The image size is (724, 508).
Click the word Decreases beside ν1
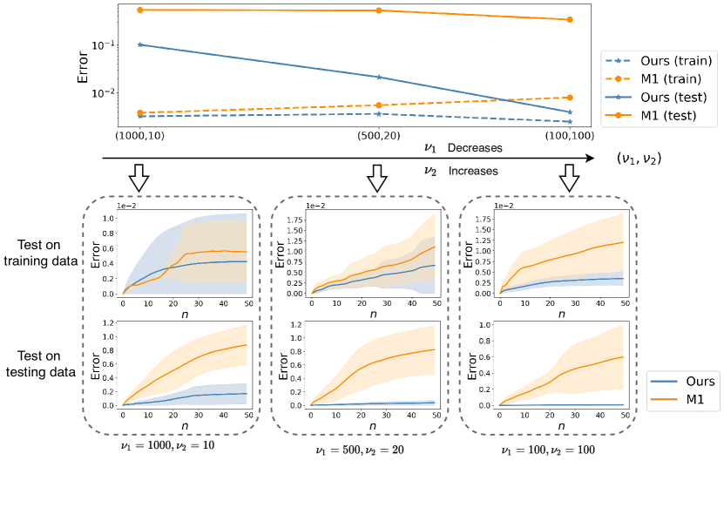[475, 148]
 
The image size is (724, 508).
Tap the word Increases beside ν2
[473, 172]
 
